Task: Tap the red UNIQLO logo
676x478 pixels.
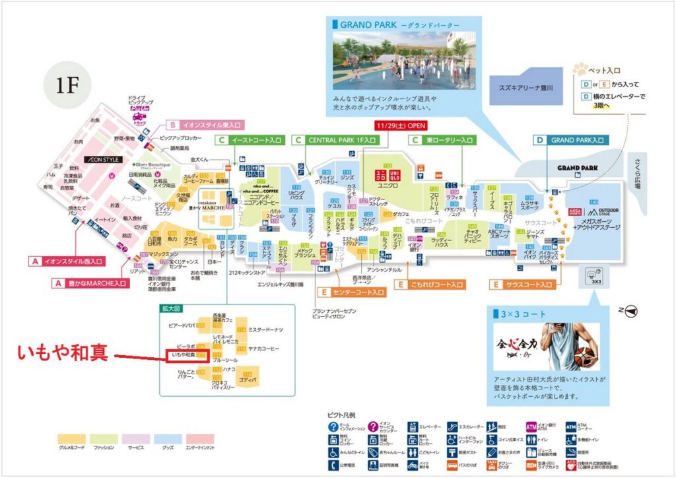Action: pos(388,176)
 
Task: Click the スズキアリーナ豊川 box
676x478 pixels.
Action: pos(527,86)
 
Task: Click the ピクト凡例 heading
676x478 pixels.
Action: pos(341,415)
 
